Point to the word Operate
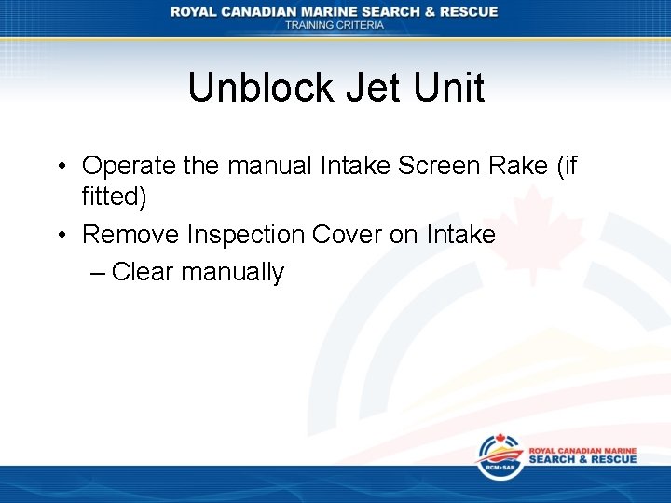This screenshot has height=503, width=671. [x=129, y=166]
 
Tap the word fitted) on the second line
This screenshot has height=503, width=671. [x=115, y=197]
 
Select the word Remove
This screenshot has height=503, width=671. [x=130, y=234]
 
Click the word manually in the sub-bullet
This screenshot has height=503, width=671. [x=233, y=272]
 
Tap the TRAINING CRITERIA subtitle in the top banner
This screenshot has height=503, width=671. [x=334, y=25]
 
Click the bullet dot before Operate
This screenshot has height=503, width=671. [x=59, y=167]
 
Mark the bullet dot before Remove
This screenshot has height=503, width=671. [x=59, y=235]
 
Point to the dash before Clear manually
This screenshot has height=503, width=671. [x=99, y=272]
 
